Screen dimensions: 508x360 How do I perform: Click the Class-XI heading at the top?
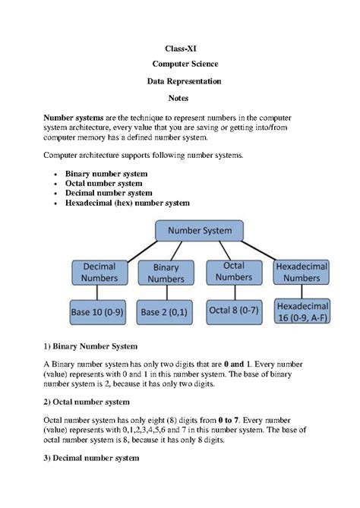point(180,49)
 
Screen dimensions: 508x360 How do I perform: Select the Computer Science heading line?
point(180,65)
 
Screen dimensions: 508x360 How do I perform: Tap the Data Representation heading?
point(180,82)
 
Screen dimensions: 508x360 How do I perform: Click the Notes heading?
point(180,99)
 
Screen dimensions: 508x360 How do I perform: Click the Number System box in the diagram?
point(204,230)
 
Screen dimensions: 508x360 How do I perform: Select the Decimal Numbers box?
point(99,272)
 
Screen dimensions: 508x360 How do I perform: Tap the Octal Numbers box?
point(234,271)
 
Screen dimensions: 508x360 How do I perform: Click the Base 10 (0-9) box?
point(99,311)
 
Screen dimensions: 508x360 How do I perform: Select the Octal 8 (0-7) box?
point(234,311)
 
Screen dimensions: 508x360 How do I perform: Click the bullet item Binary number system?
point(106,174)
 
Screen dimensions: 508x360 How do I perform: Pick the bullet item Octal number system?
point(103,183)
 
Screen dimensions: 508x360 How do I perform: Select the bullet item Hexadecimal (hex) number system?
point(127,203)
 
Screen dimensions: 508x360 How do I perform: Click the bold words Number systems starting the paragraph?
point(74,118)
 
